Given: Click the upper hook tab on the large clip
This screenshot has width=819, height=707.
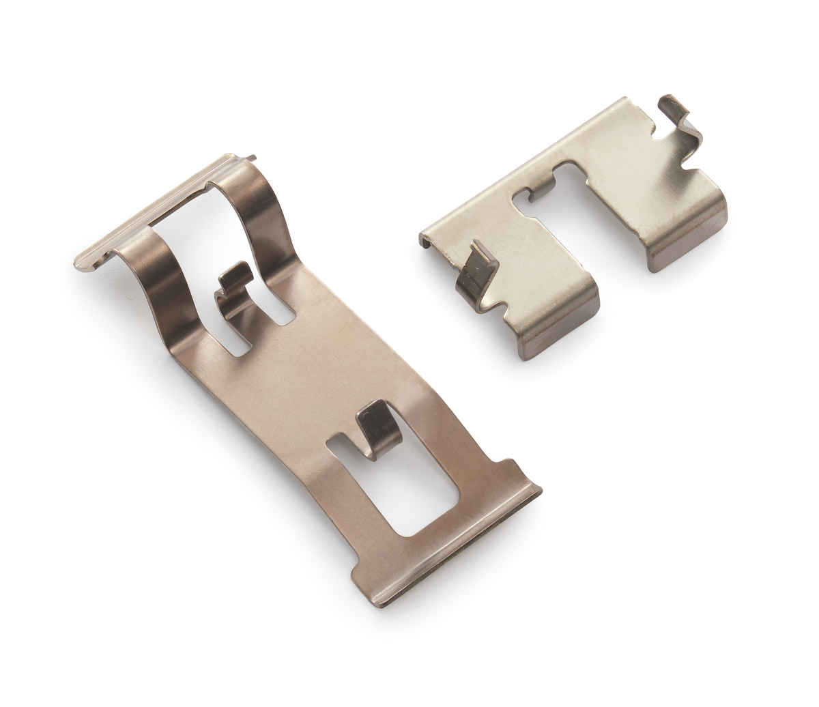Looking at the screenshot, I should click(235, 278).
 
